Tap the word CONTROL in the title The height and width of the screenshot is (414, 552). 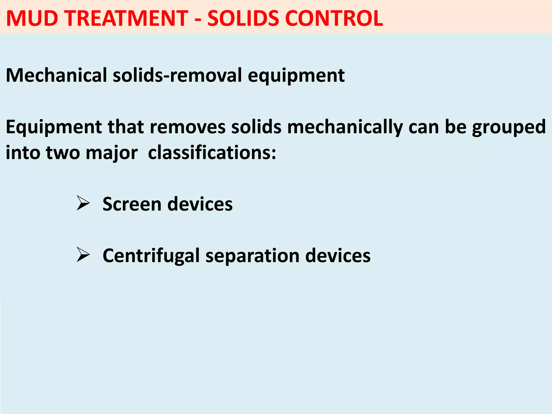(x=334, y=18)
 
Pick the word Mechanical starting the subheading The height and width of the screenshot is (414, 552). (x=56, y=75)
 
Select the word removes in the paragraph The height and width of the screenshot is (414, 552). (x=188, y=127)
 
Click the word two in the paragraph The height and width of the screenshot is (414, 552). (x=63, y=153)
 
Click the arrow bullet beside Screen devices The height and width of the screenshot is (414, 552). (x=83, y=203)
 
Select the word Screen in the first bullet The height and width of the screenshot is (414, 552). (x=132, y=204)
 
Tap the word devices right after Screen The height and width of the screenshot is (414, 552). (x=200, y=204)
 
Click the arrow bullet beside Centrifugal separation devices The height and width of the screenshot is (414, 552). (x=83, y=254)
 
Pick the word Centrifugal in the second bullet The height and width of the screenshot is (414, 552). (x=151, y=256)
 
